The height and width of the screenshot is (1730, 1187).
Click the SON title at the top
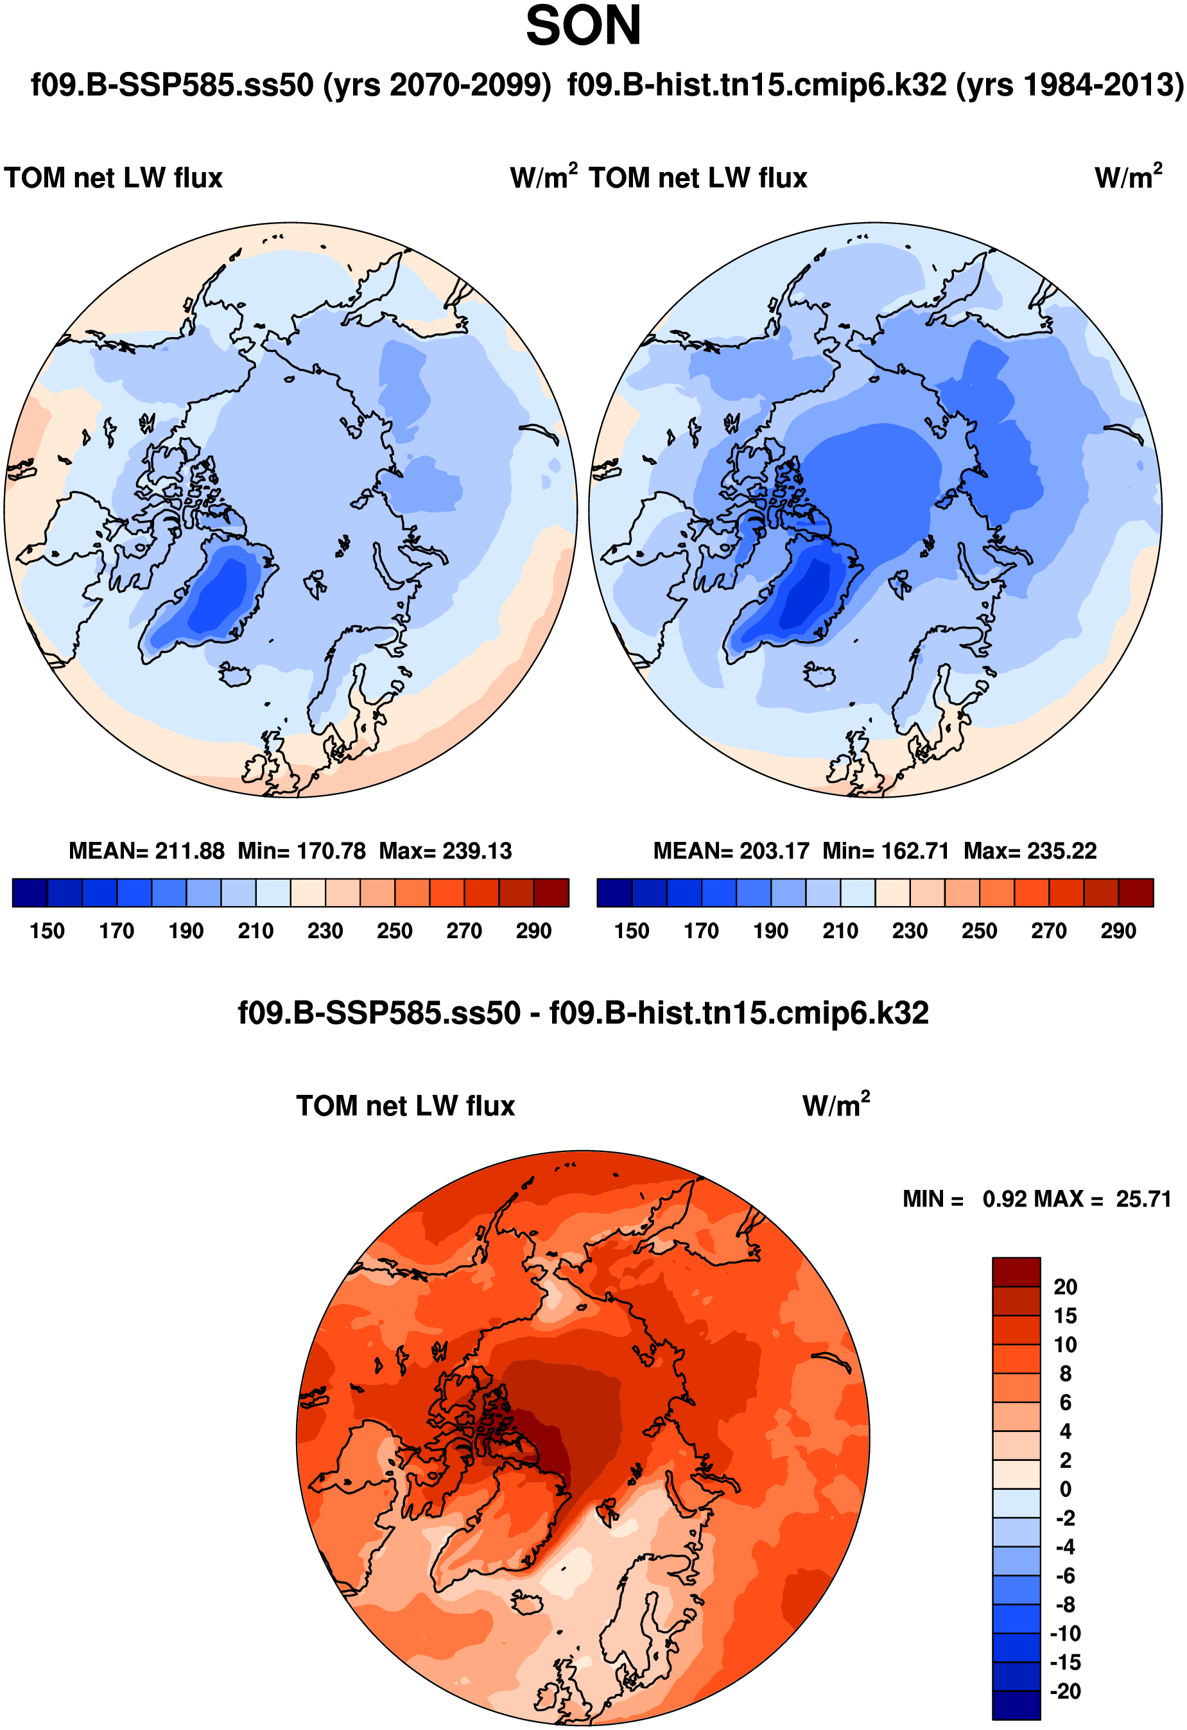pyautogui.click(x=584, y=27)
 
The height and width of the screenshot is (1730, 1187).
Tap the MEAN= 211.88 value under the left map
pyautogui.click(x=146, y=851)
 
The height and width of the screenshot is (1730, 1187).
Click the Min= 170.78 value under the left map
pyautogui.click(x=301, y=851)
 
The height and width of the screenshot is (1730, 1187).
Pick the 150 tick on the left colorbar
pyautogui.click(x=47, y=931)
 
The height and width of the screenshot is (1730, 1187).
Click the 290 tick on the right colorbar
pyautogui.click(x=1118, y=931)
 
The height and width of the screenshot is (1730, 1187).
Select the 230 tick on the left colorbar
pyautogui.click(x=325, y=931)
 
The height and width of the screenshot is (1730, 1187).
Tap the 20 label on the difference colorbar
pyautogui.click(x=1065, y=1287)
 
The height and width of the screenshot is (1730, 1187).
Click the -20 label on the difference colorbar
pyautogui.click(x=1065, y=1691)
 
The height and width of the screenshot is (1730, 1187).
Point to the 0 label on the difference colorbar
pyautogui.click(x=1065, y=1489)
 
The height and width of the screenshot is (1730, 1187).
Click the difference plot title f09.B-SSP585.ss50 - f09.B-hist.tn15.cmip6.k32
pyautogui.click(x=584, y=1013)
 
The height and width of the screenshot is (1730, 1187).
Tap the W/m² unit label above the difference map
pyautogui.click(x=836, y=1105)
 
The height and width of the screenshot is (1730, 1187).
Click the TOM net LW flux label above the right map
pyautogui.click(x=697, y=179)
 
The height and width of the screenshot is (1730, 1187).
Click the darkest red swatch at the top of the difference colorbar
pyautogui.click(x=1016, y=1271)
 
